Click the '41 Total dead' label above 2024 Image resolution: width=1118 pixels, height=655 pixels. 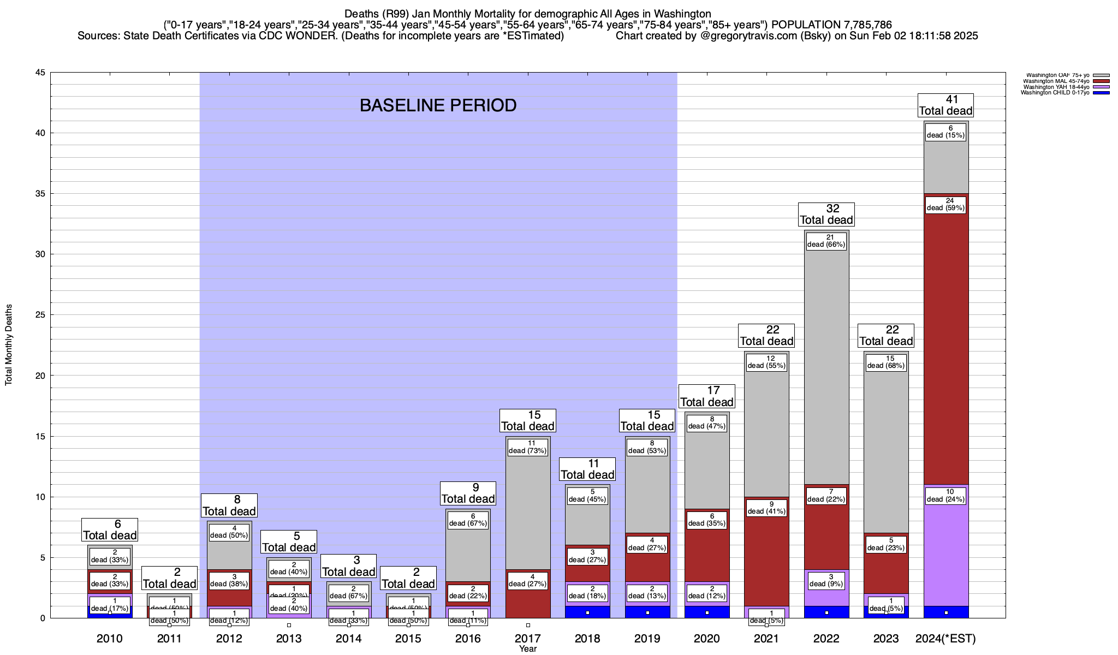[x=945, y=105]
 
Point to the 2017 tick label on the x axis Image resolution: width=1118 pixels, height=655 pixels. [x=528, y=639]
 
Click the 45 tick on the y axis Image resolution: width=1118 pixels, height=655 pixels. [x=40, y=73]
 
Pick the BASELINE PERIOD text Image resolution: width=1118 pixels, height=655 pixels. [x=438, y=105]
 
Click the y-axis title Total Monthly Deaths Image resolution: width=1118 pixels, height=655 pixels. [x=9, y=345]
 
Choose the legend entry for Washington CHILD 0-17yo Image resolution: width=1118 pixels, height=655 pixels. [x=1055, y=93]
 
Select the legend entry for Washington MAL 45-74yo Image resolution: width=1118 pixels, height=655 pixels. [x=1055, y=81]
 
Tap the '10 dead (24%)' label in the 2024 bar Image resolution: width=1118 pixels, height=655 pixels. [x=946, y=496]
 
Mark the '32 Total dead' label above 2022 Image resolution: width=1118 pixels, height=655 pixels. [x=826, y=215]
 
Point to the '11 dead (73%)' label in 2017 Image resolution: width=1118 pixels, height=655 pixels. [x=528, y=447]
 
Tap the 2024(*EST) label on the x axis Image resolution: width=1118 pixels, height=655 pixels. [x=945, y=639]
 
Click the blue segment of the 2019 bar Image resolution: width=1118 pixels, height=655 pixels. [x=647, y=612]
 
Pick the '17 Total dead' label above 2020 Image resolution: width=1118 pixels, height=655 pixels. [x=706, y=396]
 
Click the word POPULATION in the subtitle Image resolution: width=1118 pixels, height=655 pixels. [x=805, y=25]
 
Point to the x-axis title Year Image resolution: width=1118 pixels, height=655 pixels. [x=528, y=649]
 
